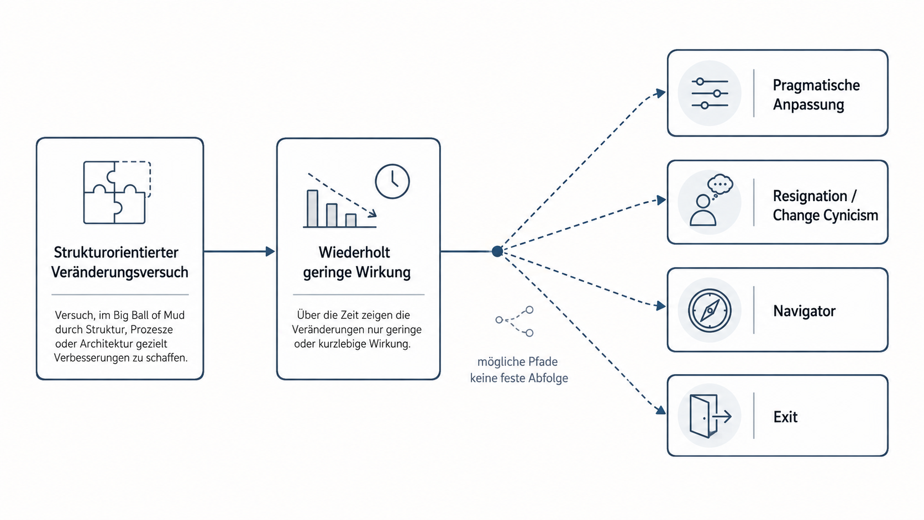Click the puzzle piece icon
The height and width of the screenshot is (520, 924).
click(x=117, y=192)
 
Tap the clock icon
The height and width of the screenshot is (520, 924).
click(x=392, y=181)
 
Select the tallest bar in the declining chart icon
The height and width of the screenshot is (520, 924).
click(x=312, y=208)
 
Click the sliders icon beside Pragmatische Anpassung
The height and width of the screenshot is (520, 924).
click(x=710, y=93)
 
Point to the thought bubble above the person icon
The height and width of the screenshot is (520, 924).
click(x=720, y=185)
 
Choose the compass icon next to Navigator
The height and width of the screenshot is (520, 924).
click(x=710, y=311)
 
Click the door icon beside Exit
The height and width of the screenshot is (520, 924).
click(x=710, y=416)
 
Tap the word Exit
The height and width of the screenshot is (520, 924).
click(x=785, y=417)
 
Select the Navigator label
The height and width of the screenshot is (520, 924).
click(x=804, y=311)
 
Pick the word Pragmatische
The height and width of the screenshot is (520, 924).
click(x=816, y=85)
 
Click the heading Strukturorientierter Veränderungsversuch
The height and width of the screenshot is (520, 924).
click(x=119, y=262)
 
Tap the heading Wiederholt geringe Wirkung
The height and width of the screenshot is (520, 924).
click(x=357, y=262)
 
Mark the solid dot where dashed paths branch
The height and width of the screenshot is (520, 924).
click(x=497, y=251)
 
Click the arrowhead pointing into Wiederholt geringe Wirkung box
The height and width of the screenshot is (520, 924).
click(x=270, y=251)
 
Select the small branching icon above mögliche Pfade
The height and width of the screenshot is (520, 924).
click(x=514, y=321)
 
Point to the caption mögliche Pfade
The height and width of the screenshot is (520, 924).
click(x=517, y=362)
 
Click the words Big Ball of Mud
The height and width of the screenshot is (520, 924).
click(x=149, y=316)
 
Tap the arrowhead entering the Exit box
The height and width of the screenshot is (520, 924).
click(x=660, y=410)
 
